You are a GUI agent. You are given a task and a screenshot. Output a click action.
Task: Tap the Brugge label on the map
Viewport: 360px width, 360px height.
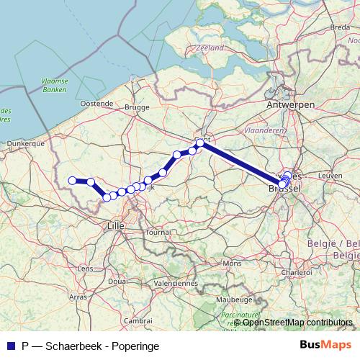click(x=136, y=107)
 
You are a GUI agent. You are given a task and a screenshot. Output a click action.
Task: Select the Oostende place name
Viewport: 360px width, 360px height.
click(x=96, y=104)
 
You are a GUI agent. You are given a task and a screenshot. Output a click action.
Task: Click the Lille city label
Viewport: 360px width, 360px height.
click(x=115, y=225)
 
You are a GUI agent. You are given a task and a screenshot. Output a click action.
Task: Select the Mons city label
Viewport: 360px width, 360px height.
click(x=232, y=264)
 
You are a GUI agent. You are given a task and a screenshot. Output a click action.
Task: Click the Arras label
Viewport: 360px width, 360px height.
click(x=78, y=296)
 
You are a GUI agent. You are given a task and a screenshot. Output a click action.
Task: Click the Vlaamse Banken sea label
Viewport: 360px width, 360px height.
click(x=54, y=86)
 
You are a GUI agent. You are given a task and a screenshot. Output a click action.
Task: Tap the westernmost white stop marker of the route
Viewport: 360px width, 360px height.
click(x=72, y=181)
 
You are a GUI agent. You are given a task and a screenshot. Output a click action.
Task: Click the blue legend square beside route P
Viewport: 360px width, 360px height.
click(x=11, y=345)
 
